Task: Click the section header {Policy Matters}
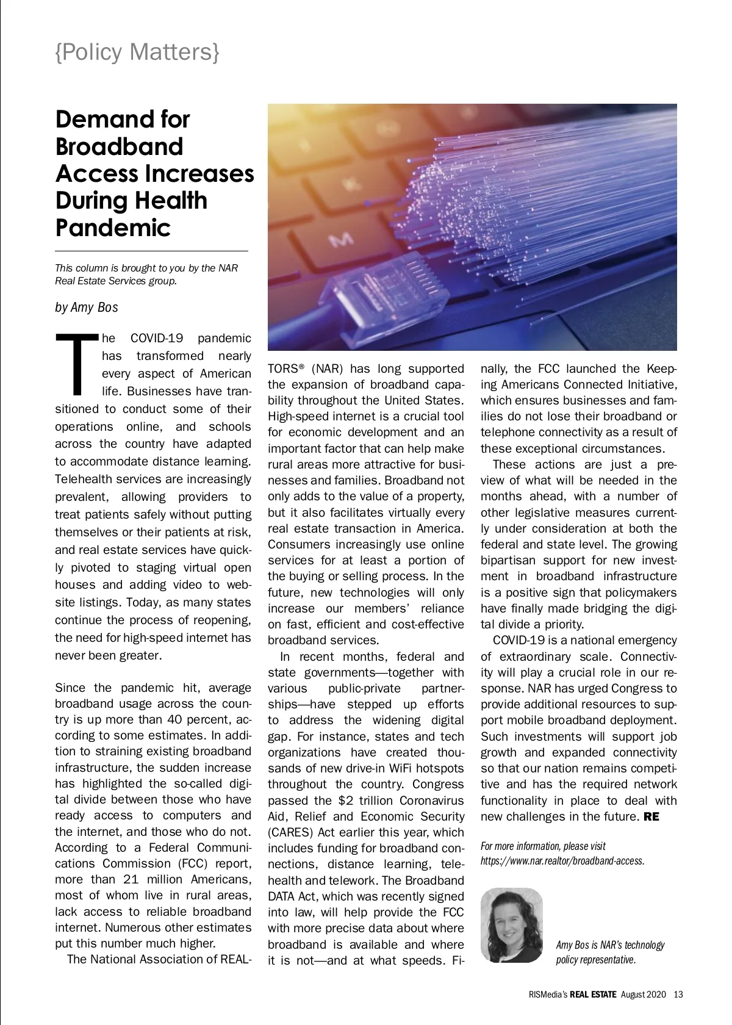click(x=137, y=52)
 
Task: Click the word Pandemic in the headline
click(x=113, y=228)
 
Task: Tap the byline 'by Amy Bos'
click(x=86, y=307)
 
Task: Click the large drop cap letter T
click(x=76, y=364)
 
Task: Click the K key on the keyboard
click(x=353, y=182)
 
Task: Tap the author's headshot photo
click(x=511, y=925)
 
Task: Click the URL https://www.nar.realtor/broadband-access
click(x=562, y=861)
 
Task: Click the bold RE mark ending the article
click(x=651, y=816)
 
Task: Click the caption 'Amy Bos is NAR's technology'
click(x=610, y=945)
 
